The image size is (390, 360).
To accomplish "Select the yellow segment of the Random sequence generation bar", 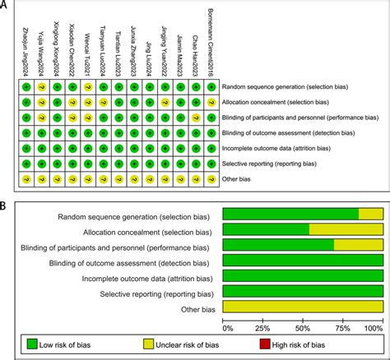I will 370,214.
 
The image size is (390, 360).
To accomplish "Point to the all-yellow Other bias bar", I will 304,307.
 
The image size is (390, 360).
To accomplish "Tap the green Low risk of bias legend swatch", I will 33,346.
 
